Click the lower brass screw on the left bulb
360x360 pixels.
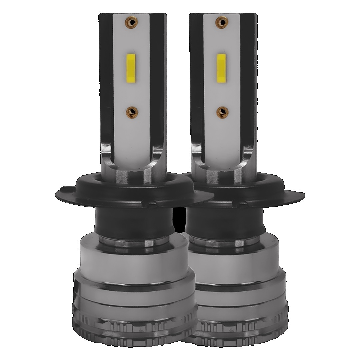click(x=132, y=111)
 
